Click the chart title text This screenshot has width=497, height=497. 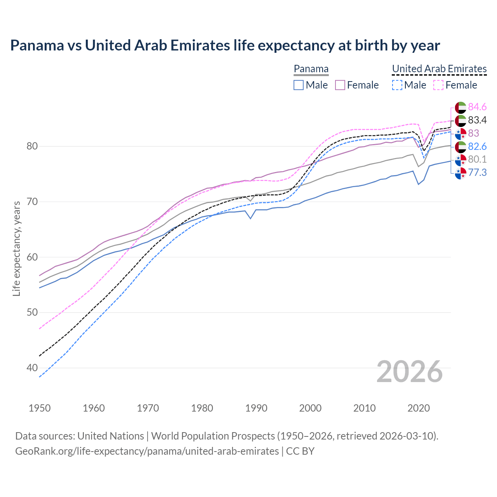pyautogui.click(x=225, y=45)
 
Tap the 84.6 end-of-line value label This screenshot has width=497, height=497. pyautogui.click(x=477, y=107)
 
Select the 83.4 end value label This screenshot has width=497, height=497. pyautogui.click(x=477, y=120)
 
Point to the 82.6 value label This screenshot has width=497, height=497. pyautogui.click(x=477, y=146)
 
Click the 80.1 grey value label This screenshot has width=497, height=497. pyautogui.click(x=477, y=159)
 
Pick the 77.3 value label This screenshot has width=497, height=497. pyautogui.click(x=477, y=172)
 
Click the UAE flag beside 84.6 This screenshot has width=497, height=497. pyautogui.click(x=461, y=107)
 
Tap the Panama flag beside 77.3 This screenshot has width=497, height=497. pyautogui.click(x=461, y=173)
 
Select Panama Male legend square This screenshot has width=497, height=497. pyautogui.click(x=298, y=85)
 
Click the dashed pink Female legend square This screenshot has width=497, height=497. pyautogui.click(x=438, y=85)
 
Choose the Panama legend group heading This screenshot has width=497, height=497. pyautogui.click(x=311, y=69)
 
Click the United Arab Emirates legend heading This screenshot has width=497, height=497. pyautogui.click(x=439, y=69)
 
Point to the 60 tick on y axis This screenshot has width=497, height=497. pyautogui.click(x=32, y=257)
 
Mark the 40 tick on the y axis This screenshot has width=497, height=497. pyautogui.click(x=32, y=368)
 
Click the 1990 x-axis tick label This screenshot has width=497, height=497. pyautogui.click(x=256, y=408)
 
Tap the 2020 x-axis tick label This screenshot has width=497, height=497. pyautogui.click(x=419, y=408)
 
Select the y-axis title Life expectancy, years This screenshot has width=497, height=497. pyautogui.click(x=16, y=248)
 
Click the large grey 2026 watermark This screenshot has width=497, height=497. pyautogui.click(x=409, y=372)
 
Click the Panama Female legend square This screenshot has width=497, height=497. pyautogui.click(x=340, y=85)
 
